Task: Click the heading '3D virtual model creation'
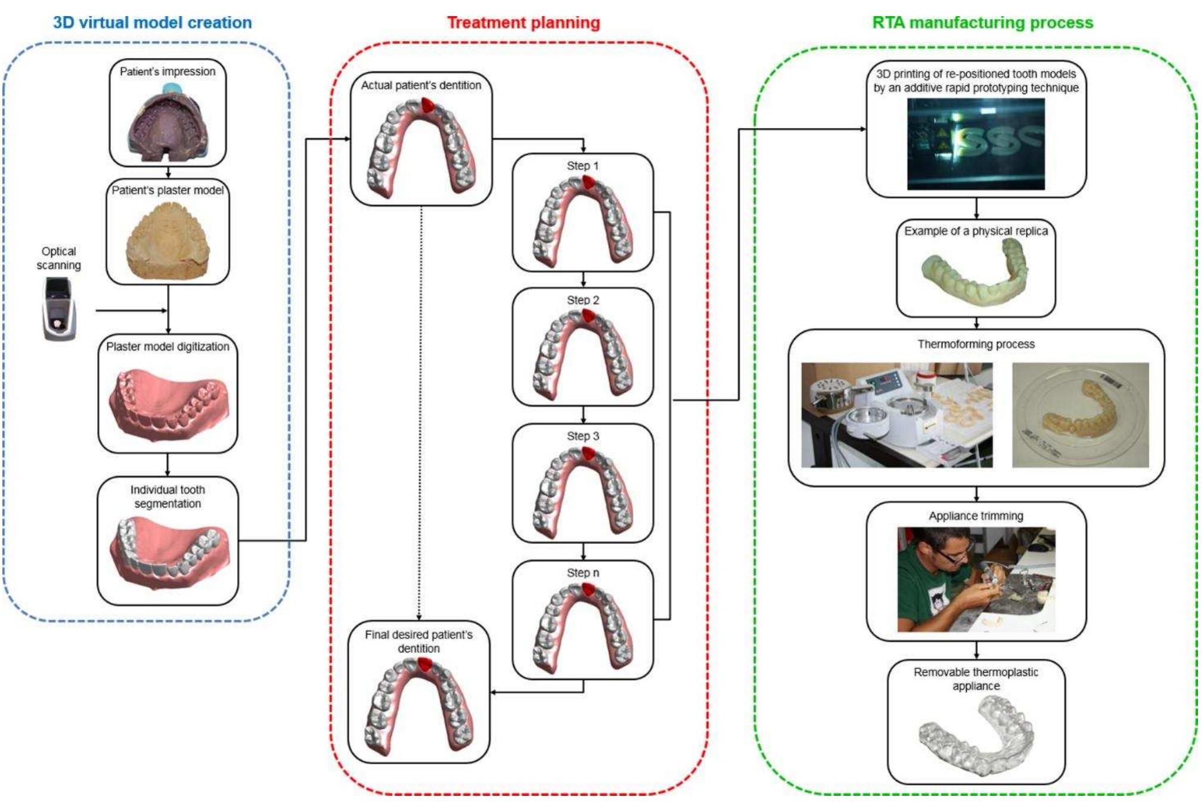(x=152, y=23)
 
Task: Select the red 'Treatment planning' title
(x=523, y=23)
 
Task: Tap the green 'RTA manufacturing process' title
(x=982, y=23)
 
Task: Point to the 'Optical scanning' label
(x=58, y=258)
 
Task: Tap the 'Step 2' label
(x=582, y=300)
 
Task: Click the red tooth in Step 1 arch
(x=588, y=182)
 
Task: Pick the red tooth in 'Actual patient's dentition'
(x=427, y=105)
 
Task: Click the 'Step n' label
(x=582, y=572)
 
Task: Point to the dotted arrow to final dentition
(x=420, y=411)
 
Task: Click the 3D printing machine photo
(x=976, y=144)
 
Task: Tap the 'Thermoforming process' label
(x=976, y=344)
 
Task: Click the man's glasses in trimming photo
(x=954, y=556)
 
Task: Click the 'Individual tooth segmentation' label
(x=167, y=496)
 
